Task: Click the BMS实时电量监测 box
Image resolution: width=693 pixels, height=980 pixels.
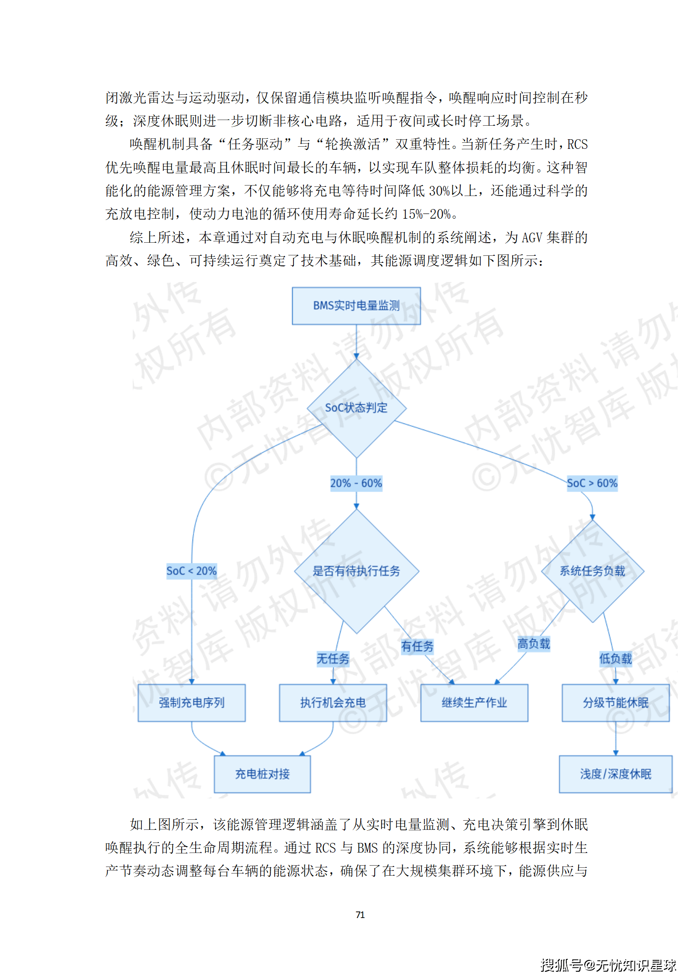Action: click(356, 306)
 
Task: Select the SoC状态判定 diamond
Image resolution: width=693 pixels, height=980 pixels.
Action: click(356, 408)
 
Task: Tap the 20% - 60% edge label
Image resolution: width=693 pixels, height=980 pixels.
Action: click(356, 483)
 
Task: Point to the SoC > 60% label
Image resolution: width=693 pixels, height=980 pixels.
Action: click(592, 483)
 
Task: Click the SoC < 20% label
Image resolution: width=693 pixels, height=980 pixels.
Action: click(191, 571)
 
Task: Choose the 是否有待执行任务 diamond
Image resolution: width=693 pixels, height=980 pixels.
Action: click(356, 571)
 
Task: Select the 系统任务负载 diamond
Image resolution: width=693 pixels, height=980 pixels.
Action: click(592, 571)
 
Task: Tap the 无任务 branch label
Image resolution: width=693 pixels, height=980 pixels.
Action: click(333, 659)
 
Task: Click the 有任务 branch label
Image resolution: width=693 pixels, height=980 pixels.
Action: click(417, 646)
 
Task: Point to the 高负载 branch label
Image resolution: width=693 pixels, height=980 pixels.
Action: click(534, 644)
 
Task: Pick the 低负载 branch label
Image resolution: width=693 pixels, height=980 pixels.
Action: click(615, 659)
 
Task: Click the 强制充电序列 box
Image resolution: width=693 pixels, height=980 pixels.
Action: click(191, 703)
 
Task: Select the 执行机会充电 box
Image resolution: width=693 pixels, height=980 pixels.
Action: click(333, 703)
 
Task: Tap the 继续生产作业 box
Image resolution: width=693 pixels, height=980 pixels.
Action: click(474, 703)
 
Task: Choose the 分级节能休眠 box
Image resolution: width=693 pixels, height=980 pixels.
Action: click(615, 703)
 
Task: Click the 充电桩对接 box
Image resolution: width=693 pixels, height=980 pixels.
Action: click(262, 774)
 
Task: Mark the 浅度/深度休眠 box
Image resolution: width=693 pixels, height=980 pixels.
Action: click(615, 774)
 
